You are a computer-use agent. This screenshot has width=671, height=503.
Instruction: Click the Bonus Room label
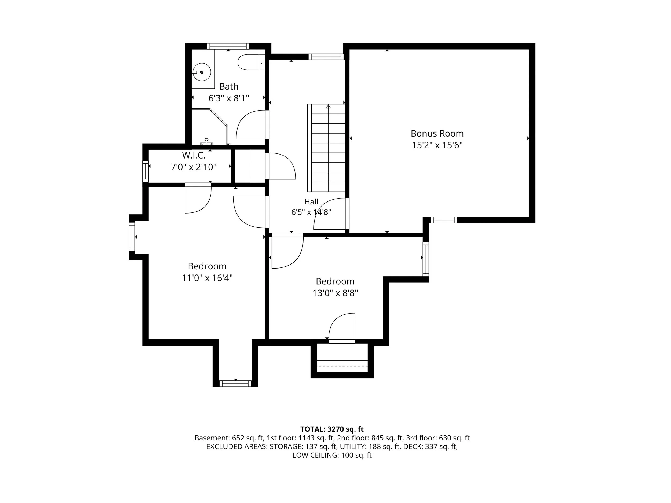pos(437,133)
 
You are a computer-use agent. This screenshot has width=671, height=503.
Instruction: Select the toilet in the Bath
pos(251,62)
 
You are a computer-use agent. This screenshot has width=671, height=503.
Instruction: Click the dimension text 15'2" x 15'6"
pos(437,145)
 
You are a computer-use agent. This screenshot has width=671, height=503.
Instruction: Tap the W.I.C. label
pos(194,155)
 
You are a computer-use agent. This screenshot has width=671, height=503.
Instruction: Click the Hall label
pos(311,202)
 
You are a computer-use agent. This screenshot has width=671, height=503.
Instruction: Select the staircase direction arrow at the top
pos(328,107)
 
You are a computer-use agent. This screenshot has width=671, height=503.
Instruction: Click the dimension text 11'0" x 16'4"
pos(207,278)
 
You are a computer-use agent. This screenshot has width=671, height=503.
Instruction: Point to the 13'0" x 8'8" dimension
pos(335,293)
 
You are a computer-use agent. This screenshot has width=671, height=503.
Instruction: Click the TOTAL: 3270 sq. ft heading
pos(332,429)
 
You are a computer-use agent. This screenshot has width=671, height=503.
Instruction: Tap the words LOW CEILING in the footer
pos(315,455)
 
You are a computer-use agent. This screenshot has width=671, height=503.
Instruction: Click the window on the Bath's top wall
pos(228,46)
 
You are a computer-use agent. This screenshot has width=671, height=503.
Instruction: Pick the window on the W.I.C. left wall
pos(145,171)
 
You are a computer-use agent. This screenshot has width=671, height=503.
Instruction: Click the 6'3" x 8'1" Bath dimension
pos(229,98)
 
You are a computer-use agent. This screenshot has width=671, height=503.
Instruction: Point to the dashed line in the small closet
pos(342,366)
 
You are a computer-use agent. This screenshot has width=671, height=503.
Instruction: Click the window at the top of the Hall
pos(326,57)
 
